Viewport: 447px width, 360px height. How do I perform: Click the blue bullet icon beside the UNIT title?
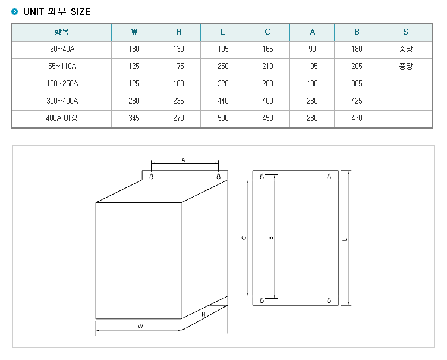coord(14,12)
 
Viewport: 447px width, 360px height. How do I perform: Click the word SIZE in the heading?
coord(80,12)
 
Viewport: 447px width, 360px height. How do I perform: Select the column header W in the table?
coord(134,32)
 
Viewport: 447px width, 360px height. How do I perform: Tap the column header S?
coord(405,32)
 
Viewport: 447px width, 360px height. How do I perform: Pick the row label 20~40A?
coord(62,49)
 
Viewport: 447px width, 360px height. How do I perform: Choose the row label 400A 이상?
coord(62,118)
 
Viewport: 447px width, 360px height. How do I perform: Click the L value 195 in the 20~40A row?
coord(223,49)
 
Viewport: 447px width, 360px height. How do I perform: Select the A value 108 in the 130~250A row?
coord(312,83)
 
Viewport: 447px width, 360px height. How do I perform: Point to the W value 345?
coord(134,118)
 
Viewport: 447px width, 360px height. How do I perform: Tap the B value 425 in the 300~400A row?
coord(357,101)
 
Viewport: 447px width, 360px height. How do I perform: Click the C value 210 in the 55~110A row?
coord(267,66)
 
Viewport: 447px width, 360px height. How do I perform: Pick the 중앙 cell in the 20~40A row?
coord(405,49)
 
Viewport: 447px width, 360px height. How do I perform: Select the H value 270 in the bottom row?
coord(178,118)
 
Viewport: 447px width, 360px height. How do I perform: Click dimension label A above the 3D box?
coord(183,160)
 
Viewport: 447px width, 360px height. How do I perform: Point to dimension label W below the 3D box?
coord(140,327)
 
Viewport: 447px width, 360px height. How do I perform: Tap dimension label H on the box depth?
coord(203,314)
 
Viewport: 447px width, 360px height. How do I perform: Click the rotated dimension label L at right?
coord(345,240)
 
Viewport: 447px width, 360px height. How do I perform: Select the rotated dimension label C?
coord(244,238)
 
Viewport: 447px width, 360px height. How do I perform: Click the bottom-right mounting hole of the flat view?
coord(329,300)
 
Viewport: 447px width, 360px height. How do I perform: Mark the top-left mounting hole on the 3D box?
coord(152,177)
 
